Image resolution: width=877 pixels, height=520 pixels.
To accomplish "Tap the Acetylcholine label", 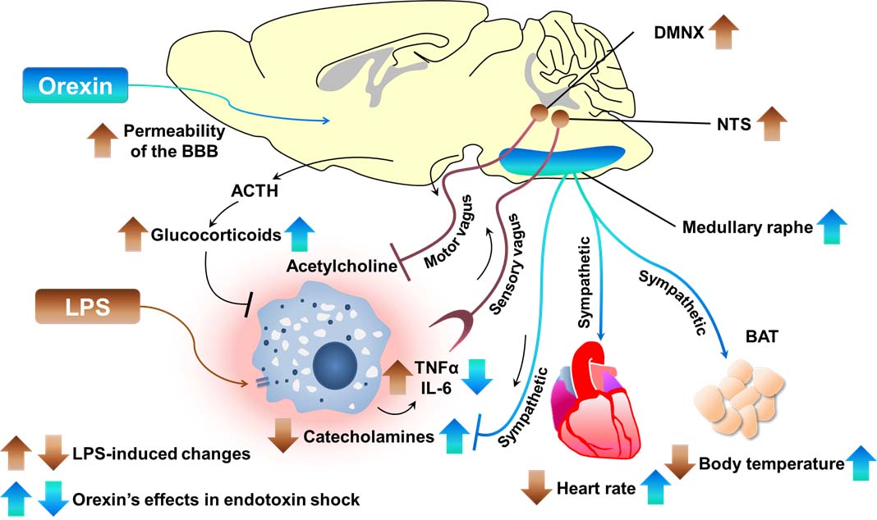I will [x=336, y=266].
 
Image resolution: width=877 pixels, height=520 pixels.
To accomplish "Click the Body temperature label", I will [x=771, y=464].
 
